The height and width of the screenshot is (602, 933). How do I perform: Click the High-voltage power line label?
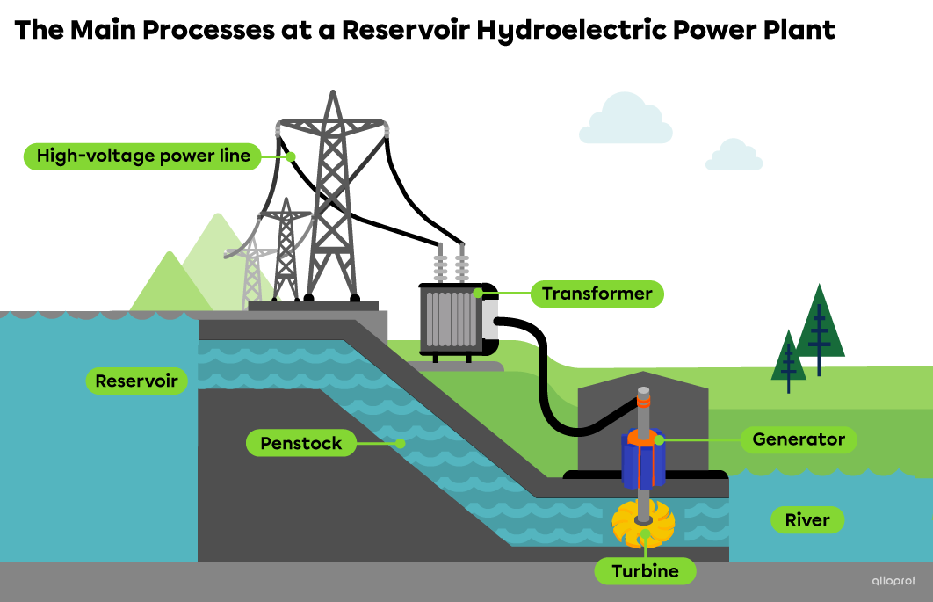pos(142,156)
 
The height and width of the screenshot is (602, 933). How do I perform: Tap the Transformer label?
pos(597,294)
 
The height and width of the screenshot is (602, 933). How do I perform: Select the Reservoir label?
pos(136,381)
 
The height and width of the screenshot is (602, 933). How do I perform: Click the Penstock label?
pos(300,443)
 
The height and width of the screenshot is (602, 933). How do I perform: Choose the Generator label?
pos(798,439)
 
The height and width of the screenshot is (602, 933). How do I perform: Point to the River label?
pos(806,520)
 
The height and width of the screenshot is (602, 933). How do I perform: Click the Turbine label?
pos(645,571)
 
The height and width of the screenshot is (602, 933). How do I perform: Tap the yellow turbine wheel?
pos(644,525)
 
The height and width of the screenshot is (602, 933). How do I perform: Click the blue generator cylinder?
pos(643,460)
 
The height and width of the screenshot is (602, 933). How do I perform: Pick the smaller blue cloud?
pos(734,156)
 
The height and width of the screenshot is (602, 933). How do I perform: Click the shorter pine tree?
pos(788,359)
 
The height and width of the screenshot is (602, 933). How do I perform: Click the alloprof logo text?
pos(893,580)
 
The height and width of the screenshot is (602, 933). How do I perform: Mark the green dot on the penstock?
pos(401,444)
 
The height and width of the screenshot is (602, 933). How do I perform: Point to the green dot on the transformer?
pos(479,293)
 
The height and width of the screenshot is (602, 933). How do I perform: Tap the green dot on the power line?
pos(290,156)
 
